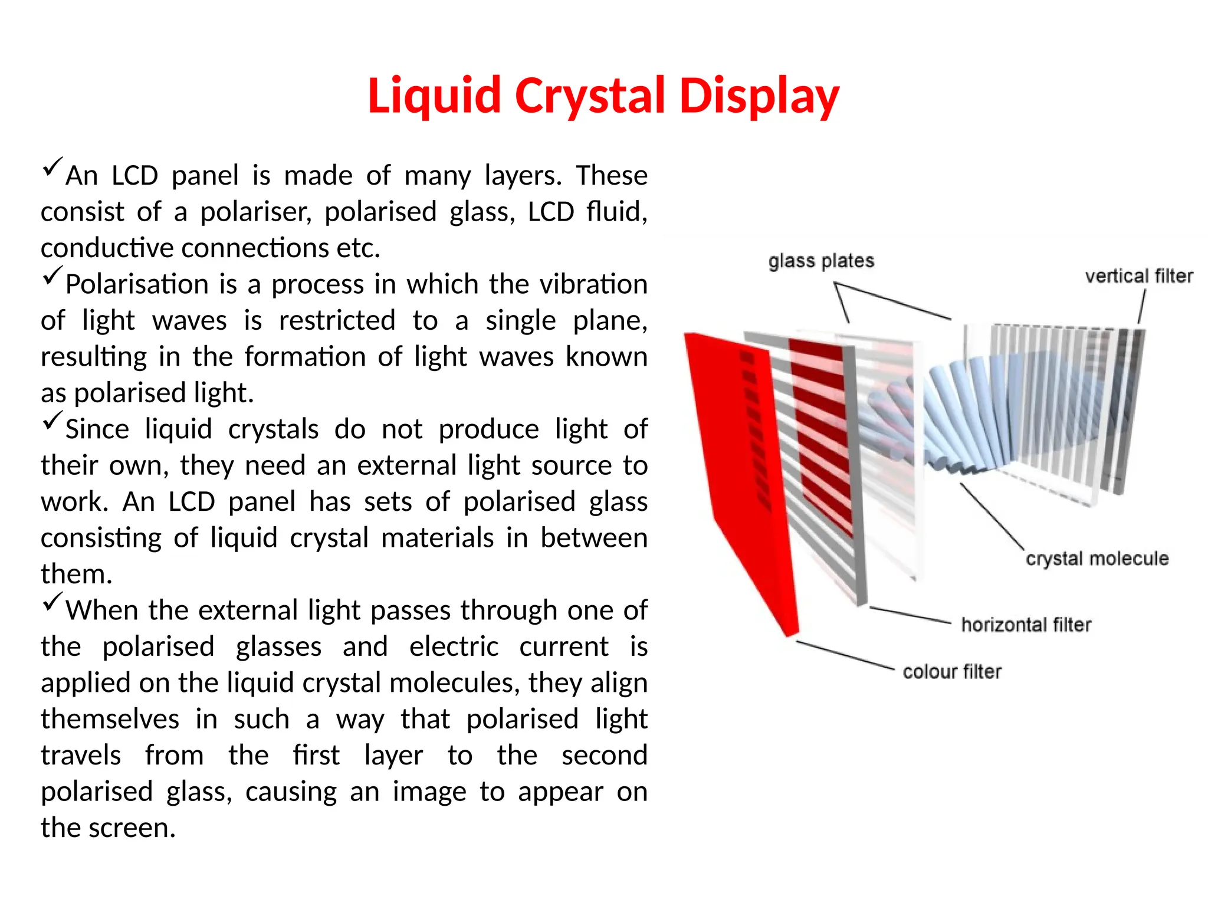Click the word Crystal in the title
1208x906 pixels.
pyautogui.click(x=590, y=96)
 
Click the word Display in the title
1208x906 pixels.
pyautogui.click(x=759, y=96)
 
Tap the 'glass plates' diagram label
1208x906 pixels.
pyautogui.click(x=820, y=261)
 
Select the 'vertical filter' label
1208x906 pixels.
pyautogui.click(x=1138, y=276)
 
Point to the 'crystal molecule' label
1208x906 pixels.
pyautogui.click(x=1097, y=559)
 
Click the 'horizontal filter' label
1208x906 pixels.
pyautogui.click(x=1026, y=625)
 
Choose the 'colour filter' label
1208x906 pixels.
pyautogui.click(x=951, y=672)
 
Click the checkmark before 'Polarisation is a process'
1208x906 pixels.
pyautogui.click(x=52, y=275)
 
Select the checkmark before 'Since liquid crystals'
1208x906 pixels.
pyautogui.click(x=52, y=421)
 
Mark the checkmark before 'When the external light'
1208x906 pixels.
pyautogui.click(x=52, y=602)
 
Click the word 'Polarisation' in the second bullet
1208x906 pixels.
pyautogui.click(x=137, y=285)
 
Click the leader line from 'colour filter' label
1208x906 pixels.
pyautogui.click(x=845, y=655)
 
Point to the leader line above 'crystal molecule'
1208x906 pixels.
pyautogui.click(x=992, y=516)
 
